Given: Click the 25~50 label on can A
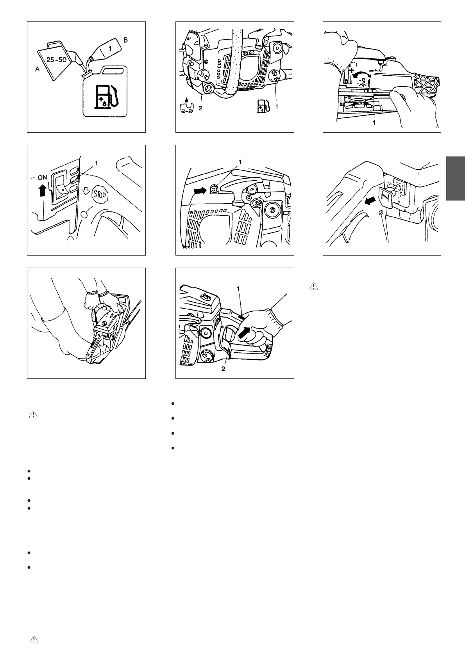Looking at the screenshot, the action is point(56,60).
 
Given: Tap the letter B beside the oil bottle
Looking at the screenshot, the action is point(125,40).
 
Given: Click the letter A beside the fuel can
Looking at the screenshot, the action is point(37,69).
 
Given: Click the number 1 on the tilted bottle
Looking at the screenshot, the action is point(110,48).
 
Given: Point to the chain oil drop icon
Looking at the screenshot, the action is point(186,107).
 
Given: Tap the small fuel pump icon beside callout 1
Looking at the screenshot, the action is point(262,106).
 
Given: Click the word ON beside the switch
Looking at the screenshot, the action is point(43,177).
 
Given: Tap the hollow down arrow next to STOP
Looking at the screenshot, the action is point(86,191).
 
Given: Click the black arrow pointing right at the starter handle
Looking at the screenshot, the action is point(200,191).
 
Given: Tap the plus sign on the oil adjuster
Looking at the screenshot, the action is point(351,70).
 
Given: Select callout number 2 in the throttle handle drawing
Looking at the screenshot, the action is point(223,369).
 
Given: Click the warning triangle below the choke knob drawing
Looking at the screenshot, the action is point(314,286).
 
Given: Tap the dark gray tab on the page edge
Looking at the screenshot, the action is point(456,178).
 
